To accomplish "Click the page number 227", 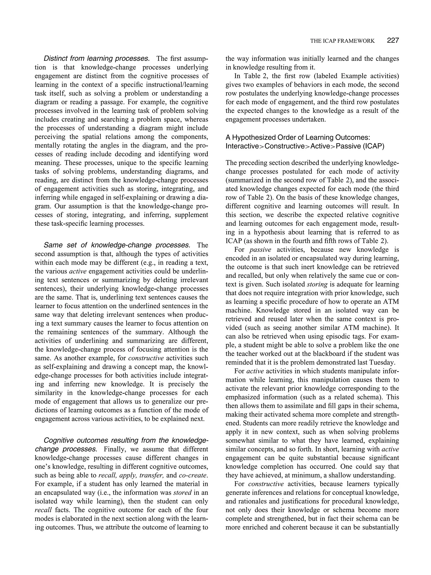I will click(x=393, y=40).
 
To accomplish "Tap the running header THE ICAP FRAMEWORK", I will click(x=342, y=41).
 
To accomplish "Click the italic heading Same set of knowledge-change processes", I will click(x=117, y=245).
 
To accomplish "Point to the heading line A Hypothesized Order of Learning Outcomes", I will click(x=298, y=138).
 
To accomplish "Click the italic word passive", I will click(x=260, y=250).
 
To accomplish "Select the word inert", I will click(x=290, y=267).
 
